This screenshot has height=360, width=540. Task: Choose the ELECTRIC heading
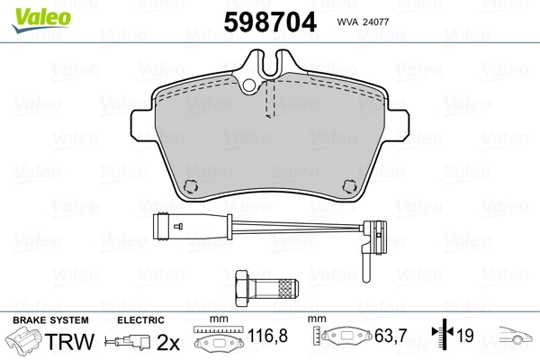click(139, 319)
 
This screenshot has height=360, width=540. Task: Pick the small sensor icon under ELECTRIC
click(129, 342)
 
